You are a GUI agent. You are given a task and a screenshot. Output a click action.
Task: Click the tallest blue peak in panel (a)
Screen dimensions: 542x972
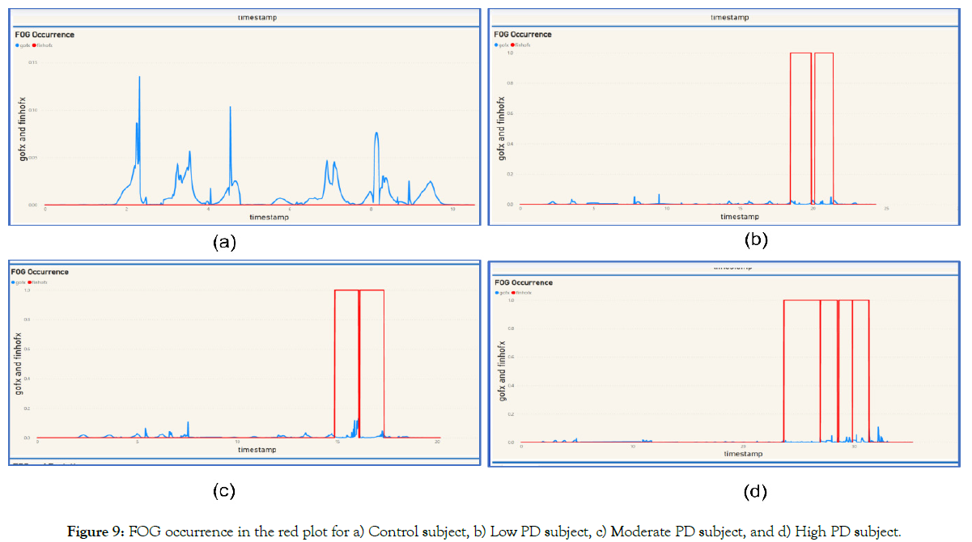point(139,78)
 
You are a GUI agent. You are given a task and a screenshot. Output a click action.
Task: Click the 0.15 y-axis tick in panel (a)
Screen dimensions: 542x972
point(32,62)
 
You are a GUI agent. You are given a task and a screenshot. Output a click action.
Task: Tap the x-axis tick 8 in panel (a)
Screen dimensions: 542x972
point(371,210)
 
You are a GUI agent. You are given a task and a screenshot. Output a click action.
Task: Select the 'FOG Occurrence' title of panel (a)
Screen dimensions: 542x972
point(45,35)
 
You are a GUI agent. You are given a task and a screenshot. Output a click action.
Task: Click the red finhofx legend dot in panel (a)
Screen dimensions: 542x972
point(33,45)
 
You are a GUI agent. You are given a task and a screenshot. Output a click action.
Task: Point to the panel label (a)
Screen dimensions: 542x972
point(223,242)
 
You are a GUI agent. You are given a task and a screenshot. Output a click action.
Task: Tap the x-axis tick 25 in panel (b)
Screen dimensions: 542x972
point(886,209)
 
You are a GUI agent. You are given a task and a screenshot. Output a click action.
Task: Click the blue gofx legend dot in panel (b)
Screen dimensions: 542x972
point(496,44)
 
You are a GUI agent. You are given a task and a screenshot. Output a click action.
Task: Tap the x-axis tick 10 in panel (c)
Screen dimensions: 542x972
point(237,442)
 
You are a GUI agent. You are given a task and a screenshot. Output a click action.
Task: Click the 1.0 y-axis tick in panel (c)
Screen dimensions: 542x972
point(27,290)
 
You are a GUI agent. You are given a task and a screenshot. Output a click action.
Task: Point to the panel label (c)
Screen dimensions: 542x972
point(223,490)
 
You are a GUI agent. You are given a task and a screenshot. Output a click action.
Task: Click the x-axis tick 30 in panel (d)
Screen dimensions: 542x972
point(854,447)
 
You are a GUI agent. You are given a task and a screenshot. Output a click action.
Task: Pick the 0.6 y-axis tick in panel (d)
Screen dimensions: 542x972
point(511,357)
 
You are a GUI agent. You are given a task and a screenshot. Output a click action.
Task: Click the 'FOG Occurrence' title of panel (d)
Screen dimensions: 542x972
point(524,283)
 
